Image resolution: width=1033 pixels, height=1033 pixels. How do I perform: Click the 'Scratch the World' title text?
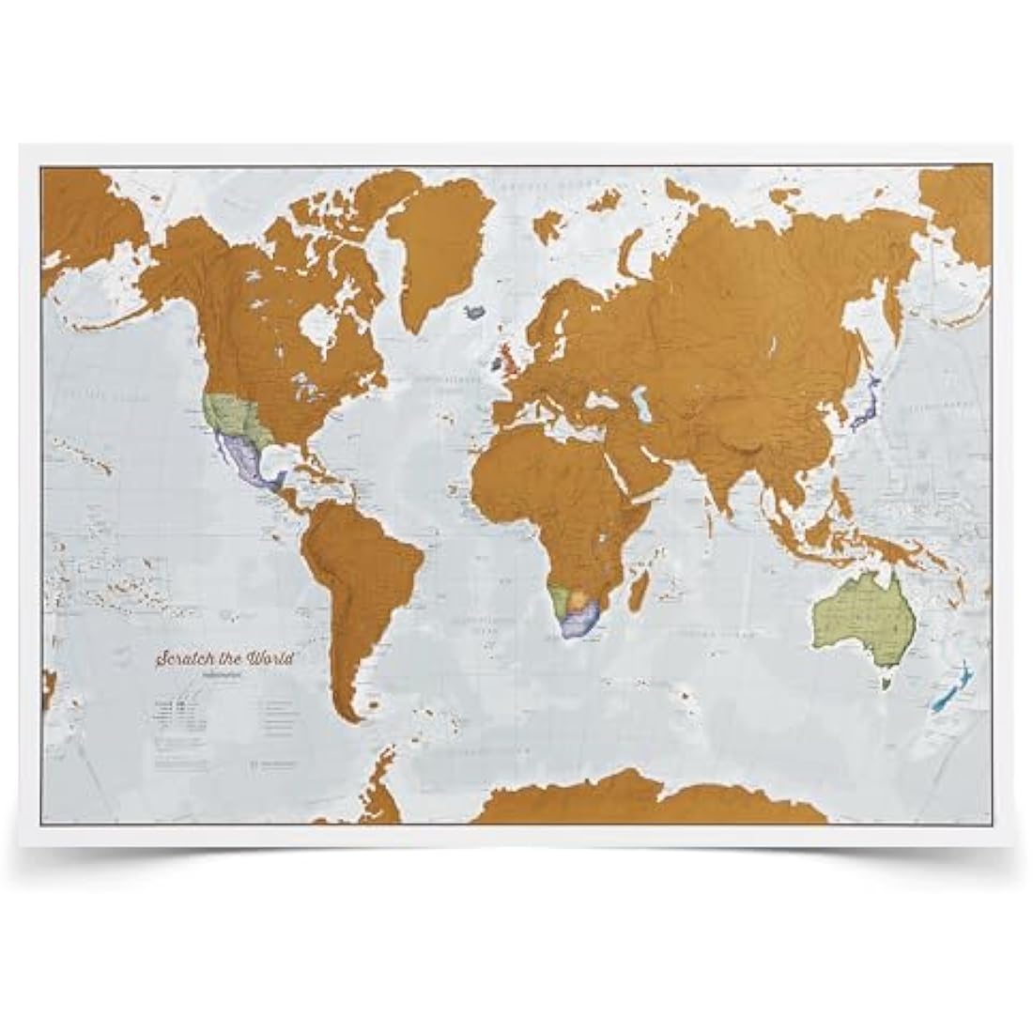225,658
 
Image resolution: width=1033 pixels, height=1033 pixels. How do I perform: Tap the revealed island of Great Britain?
508,358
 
